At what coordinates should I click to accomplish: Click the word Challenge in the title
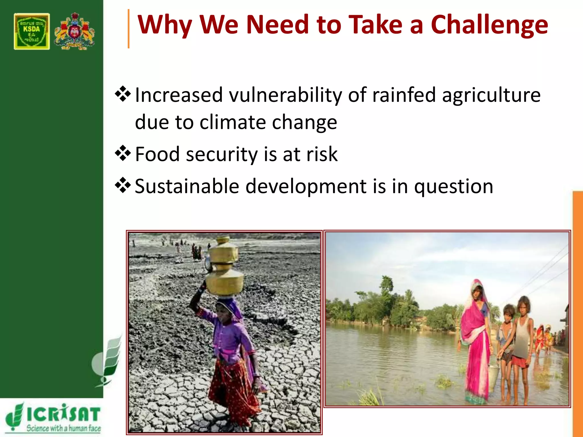pos(489,25)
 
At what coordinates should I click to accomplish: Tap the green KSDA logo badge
pos(32,31)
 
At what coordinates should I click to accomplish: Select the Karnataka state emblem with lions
pos(74,31)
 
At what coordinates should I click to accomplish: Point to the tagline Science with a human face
pos(63,428)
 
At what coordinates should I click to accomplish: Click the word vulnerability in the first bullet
pos(286,95)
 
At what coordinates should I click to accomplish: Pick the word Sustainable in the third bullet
pos(187,186)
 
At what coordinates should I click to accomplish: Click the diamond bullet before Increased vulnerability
pos(123,94)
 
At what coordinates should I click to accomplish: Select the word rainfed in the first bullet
pos(404,95)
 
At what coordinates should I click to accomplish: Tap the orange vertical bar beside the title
pos(129,28)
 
